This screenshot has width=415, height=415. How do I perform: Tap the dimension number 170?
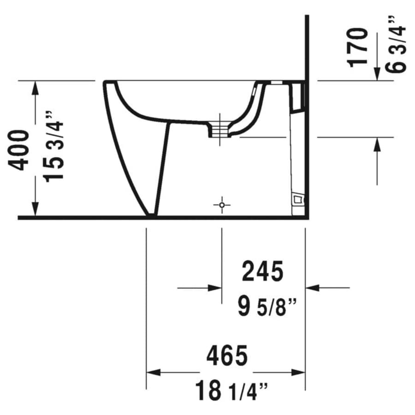(x=359, y=47)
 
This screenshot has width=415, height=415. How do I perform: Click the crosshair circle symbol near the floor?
(x=222, y=204)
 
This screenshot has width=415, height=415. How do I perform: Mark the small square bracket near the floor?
(x=298, y=200)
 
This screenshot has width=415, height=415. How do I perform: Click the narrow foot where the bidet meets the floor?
(x=152, y=214)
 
